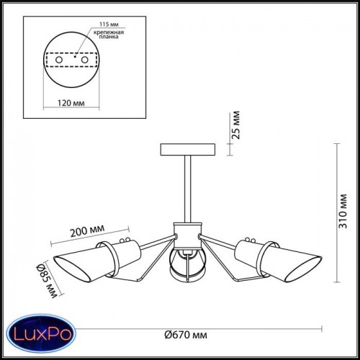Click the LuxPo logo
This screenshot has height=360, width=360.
click(41, 334)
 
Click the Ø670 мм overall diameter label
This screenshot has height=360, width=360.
click(186, 335)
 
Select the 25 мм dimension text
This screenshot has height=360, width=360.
click(236, 125)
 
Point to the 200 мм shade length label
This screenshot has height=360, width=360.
click(87, 230)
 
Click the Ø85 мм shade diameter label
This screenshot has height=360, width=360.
click(47, 281)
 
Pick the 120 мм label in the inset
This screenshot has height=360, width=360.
click(71, 103)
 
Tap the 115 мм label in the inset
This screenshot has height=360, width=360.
click(109, 24)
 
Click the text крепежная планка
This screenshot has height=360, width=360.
click(109, 35)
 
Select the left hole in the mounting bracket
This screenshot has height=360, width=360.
click(59, 60)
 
